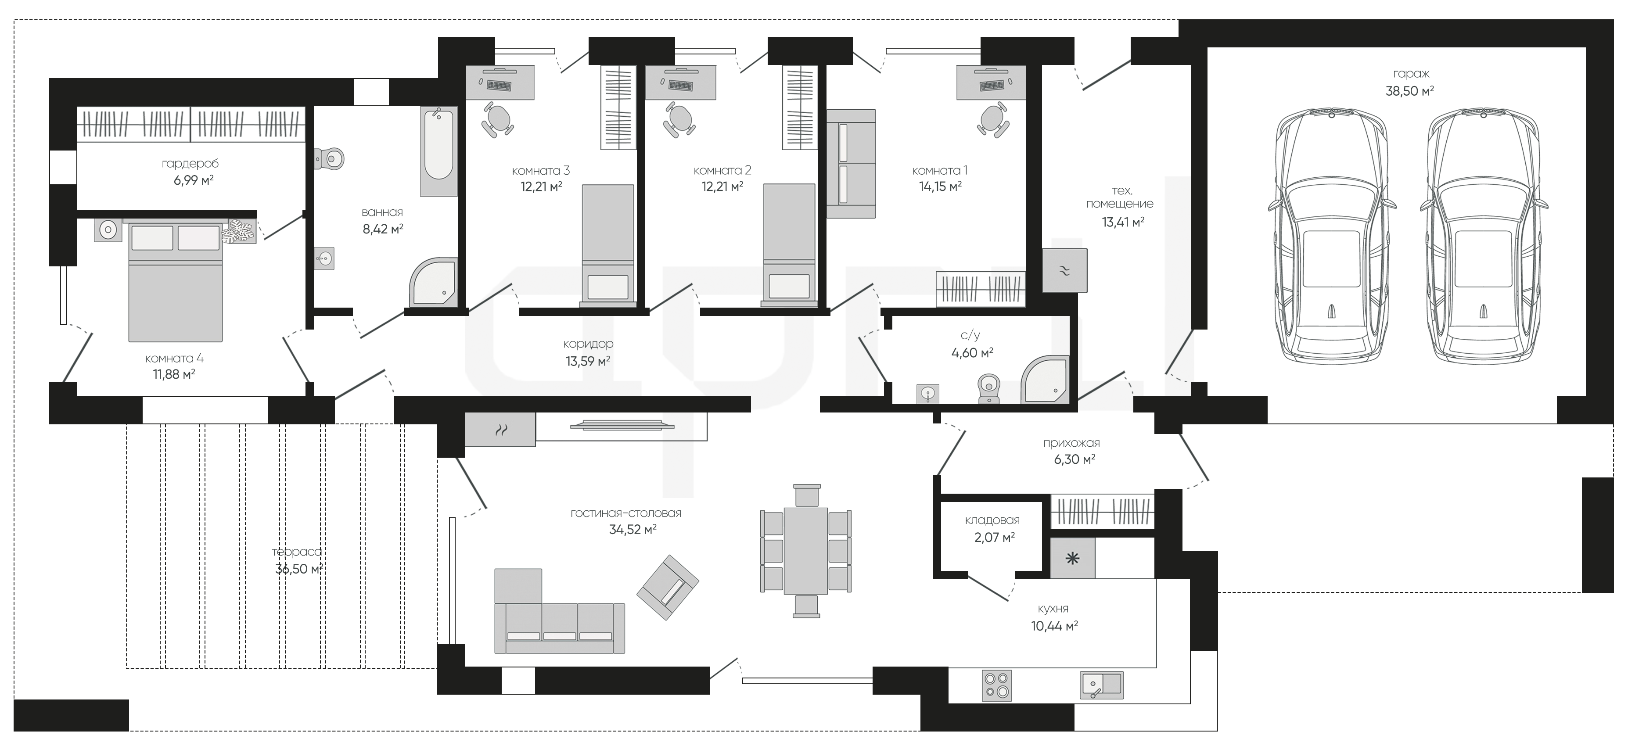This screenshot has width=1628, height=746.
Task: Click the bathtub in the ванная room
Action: [438, 151]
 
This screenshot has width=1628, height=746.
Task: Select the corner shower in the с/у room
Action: [1045, 380]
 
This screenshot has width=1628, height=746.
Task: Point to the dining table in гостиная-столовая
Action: [806, 549]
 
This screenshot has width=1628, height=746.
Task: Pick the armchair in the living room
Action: [667, 588]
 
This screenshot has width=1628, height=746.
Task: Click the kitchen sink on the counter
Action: [1102, 684]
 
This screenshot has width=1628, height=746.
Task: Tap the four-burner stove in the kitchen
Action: [997, 685]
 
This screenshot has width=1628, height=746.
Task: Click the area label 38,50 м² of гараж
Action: [1409, 91]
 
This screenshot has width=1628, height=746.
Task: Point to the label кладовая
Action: [992, 520]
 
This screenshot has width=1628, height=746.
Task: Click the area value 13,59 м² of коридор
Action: [588, 361]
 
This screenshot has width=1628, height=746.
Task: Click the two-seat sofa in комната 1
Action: [851, 164]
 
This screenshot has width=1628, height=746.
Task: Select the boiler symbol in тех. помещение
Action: [1064, 270]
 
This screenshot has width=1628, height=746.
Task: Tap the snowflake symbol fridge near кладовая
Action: [1072, 558]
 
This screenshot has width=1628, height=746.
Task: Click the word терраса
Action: [296, 552]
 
